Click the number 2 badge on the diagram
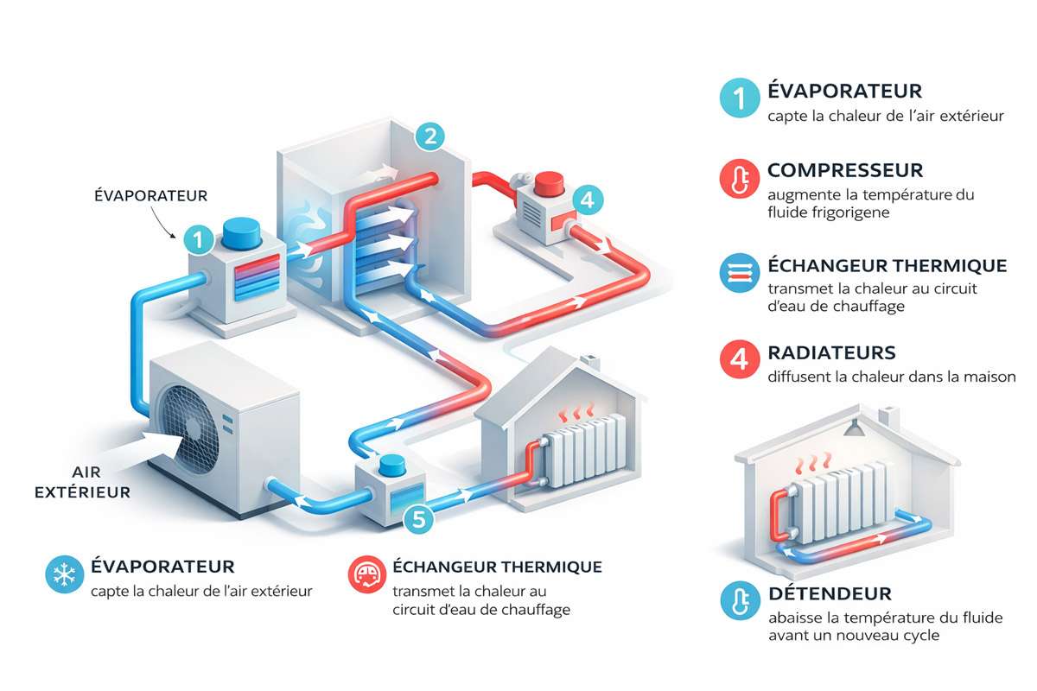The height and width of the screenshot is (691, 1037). coord(429,136)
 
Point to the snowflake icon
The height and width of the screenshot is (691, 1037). coord(63,575)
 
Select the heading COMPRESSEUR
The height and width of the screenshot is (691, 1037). coord(845,170)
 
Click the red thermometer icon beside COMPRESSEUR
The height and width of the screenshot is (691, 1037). coord(737,179)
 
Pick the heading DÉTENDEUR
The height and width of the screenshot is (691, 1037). coord(830,594)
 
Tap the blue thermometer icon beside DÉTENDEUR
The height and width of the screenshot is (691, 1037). coord(737,602)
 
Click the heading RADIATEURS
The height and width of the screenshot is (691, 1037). coord(831,353)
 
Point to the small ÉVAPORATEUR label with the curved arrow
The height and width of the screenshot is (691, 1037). coord(150,196)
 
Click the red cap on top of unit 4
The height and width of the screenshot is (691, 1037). coord(550,185)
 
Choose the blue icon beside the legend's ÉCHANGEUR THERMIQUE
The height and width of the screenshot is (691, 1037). coord(737,274)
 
